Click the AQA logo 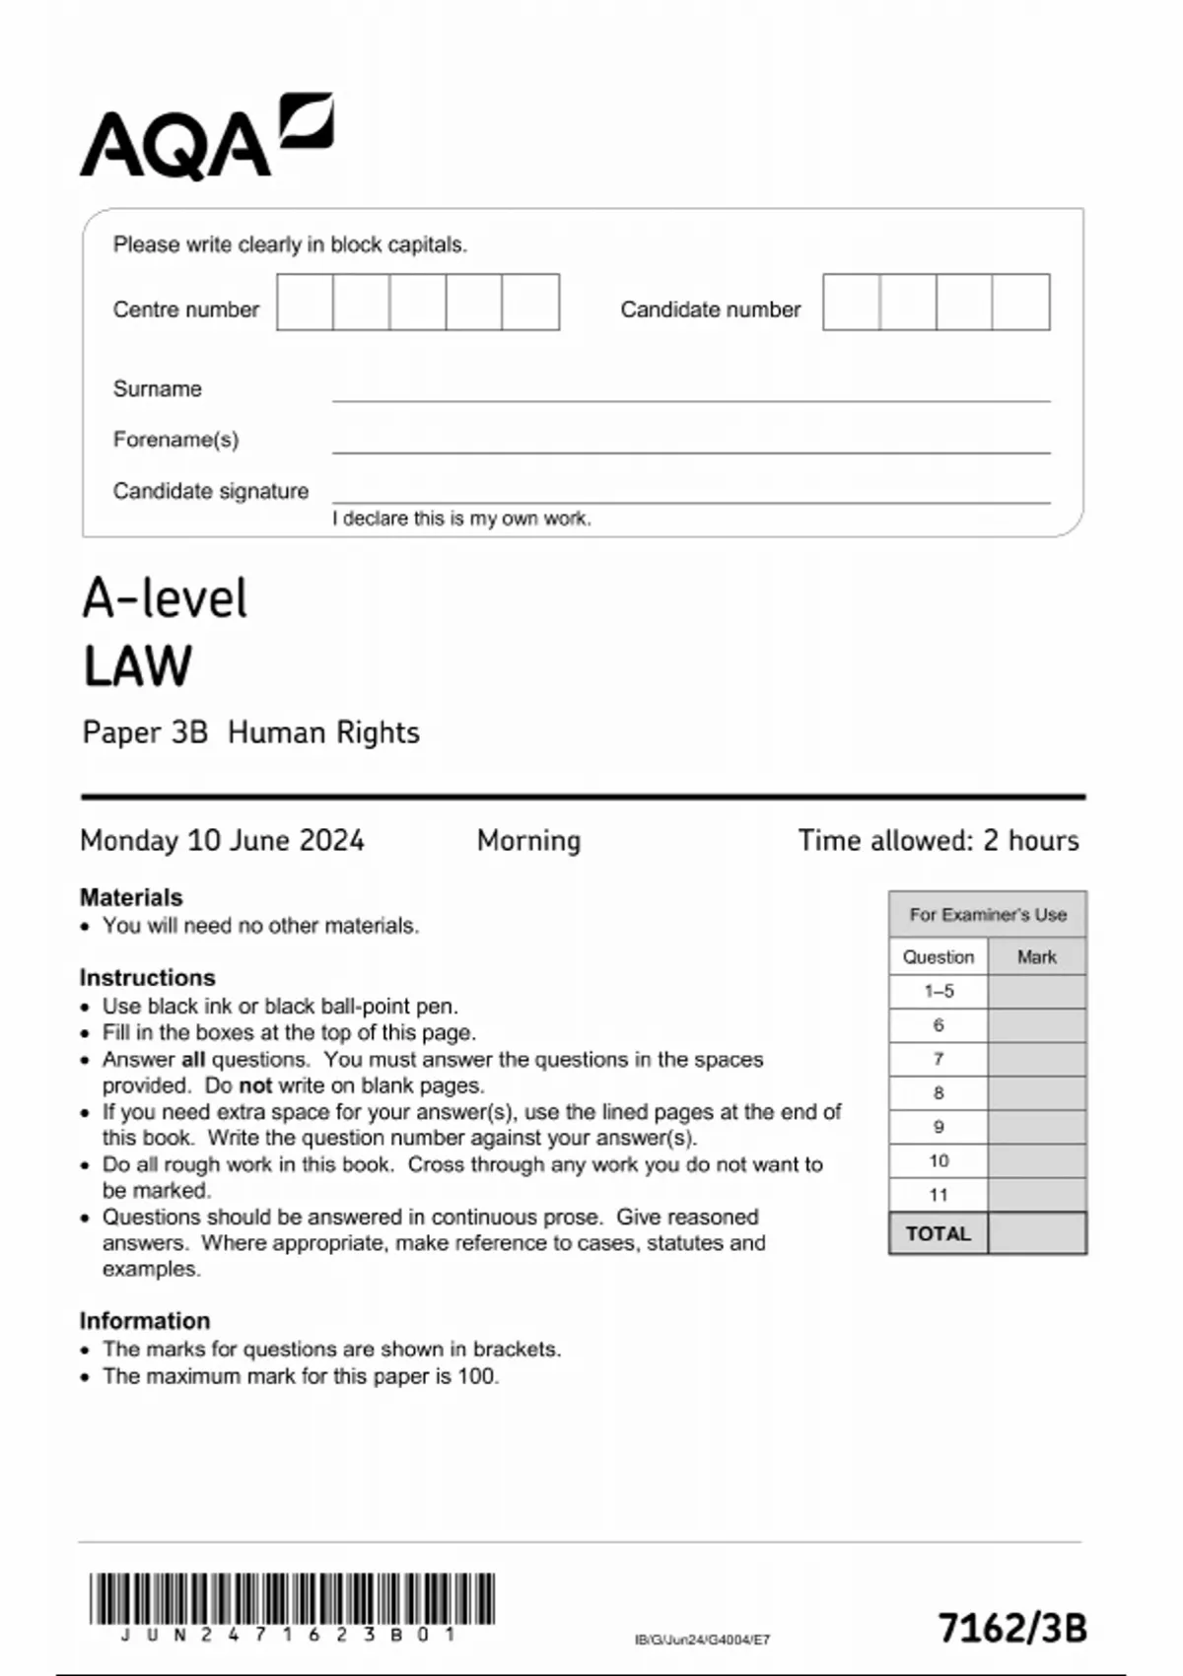[206, 138]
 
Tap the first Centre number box [305, 303]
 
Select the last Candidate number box [1020, 303]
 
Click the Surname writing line [690, 391]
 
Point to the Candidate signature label [210, 491]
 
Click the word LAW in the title [137, 666]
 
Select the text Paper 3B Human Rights [250, 733]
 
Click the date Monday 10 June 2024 [222, 841]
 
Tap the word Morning [528, 841]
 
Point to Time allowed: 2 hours [938, 841]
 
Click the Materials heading [131, 897]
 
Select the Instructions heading [147, 977]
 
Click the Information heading [144, 1320]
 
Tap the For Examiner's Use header [987, 915]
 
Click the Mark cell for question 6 [1036, 1025]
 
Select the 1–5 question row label [939, 991]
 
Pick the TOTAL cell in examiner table [938, 1233]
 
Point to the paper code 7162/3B [1011, 1628]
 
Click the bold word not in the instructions [255, 1085]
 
